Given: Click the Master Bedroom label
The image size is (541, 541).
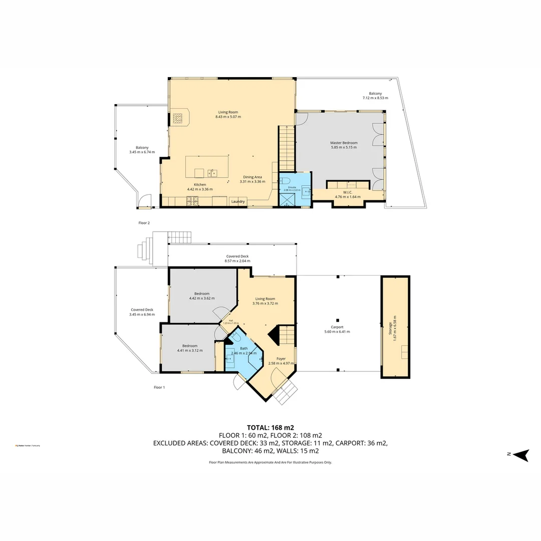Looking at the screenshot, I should pos(344,143).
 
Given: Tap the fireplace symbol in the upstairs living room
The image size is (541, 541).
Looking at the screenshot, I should pos(178,118).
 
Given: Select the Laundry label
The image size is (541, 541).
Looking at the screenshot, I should pos(238,201).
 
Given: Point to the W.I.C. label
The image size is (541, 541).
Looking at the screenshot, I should pos(348,192).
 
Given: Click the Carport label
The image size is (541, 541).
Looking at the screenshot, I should pos(337,327).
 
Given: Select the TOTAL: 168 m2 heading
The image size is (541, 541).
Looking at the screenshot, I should pos(270,427).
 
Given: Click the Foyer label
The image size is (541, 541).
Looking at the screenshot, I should pos(281,358).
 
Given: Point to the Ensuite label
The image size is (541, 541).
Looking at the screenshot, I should pos(292,187).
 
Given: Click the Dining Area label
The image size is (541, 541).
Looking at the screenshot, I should pos(252,177).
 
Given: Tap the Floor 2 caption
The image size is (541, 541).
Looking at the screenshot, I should pos(144,222).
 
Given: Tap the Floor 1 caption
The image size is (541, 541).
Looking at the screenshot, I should pos(159,387).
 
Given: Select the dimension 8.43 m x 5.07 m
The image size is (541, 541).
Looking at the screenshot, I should pos(228,117).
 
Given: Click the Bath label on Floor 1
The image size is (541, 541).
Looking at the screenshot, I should pos(243,348).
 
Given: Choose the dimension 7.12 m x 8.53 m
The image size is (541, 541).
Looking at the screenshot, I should pos(375,98).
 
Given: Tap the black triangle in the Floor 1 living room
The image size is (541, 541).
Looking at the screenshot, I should pos(274,334).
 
